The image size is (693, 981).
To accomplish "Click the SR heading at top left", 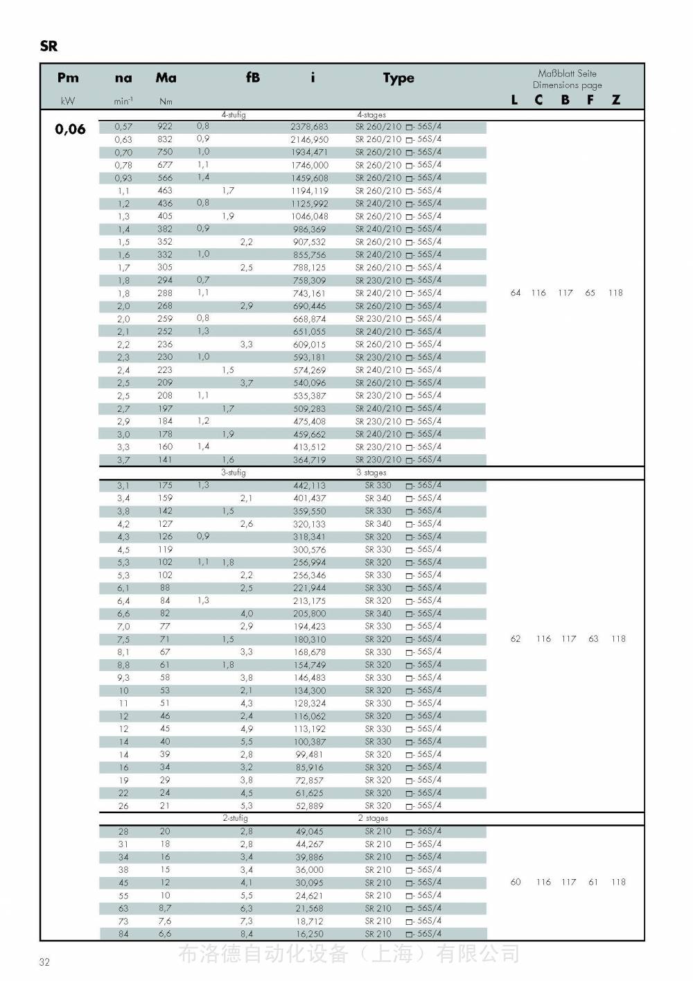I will tap(49, 46).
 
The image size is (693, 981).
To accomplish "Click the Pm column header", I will tap(68, 78).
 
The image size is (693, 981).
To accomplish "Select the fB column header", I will tap(253, 78).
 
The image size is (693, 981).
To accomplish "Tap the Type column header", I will tap(398, 78).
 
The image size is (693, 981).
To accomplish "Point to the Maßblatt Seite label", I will tap(567, 73).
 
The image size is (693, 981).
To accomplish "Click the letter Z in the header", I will tap(616, 100).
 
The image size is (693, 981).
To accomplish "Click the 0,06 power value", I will tap(70, 129).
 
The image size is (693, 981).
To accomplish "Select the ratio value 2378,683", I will tap(309, 127).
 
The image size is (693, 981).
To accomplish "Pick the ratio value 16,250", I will tap(309, 934).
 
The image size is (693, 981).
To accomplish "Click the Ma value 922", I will tap(165, 126).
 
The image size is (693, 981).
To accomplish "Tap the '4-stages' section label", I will tap(371, 115).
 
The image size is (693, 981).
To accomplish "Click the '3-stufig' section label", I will tap(234, 472).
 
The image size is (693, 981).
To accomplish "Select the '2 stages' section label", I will tap(373, 818).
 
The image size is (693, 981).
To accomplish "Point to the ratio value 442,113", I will tap(309, 485).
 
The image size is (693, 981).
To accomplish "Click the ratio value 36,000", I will tap(309, 870).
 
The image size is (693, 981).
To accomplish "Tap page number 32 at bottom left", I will tap(44, 962).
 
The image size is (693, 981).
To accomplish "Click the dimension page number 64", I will tap(516, 293).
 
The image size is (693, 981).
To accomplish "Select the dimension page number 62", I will tap(516, 639).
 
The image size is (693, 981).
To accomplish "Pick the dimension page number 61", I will tap(593, 882).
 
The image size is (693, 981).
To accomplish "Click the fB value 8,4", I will tap(247, 934).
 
